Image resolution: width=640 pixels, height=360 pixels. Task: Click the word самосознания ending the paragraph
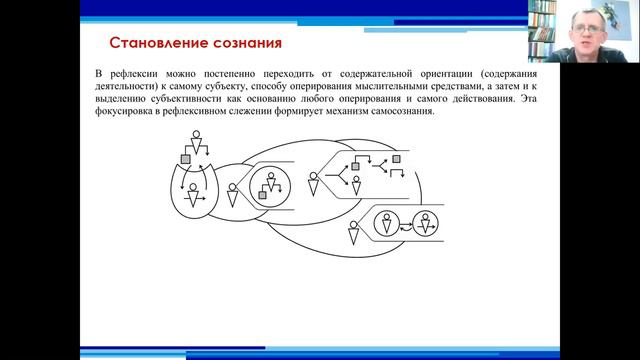coord(399,112)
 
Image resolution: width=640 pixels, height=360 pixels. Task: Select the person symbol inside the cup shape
coord(193,193)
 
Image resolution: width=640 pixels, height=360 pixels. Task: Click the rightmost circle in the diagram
coord(427,224)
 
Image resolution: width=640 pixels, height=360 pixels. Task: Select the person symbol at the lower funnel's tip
coord(352,236)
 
